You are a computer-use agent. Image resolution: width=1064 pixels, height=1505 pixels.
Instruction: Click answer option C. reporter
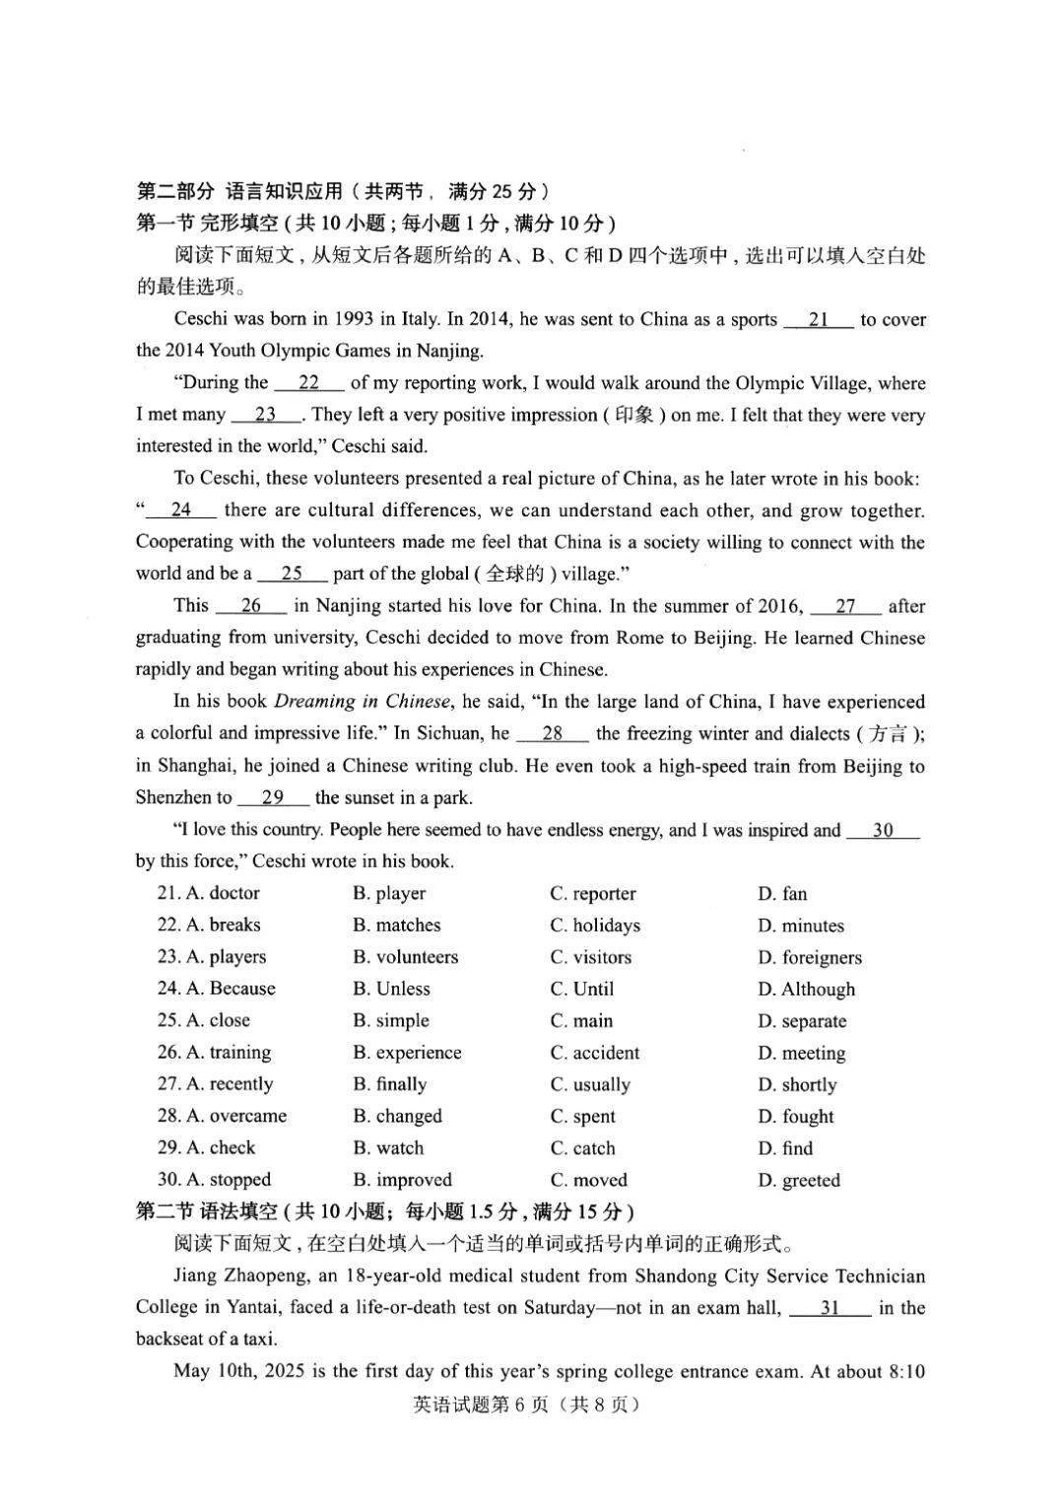592,894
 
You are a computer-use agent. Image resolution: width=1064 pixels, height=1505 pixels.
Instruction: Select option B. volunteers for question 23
405,957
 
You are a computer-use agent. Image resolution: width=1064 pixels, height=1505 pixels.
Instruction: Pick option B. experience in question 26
407,1053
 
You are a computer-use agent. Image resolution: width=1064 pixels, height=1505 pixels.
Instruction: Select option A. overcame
222,1116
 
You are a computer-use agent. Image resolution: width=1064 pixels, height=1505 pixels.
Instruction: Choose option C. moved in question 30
588,1180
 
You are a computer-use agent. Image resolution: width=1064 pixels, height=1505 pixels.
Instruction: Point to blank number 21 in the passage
818,319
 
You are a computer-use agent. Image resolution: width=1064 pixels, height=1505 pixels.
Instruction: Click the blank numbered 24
181,510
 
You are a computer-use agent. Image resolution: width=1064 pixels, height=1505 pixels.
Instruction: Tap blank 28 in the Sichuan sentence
552,733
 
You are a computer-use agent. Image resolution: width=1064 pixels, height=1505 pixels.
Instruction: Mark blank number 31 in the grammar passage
830,1308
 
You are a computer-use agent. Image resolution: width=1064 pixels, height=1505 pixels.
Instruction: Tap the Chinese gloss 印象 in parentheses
633,415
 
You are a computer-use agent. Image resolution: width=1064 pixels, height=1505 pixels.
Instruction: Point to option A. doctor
208,893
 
